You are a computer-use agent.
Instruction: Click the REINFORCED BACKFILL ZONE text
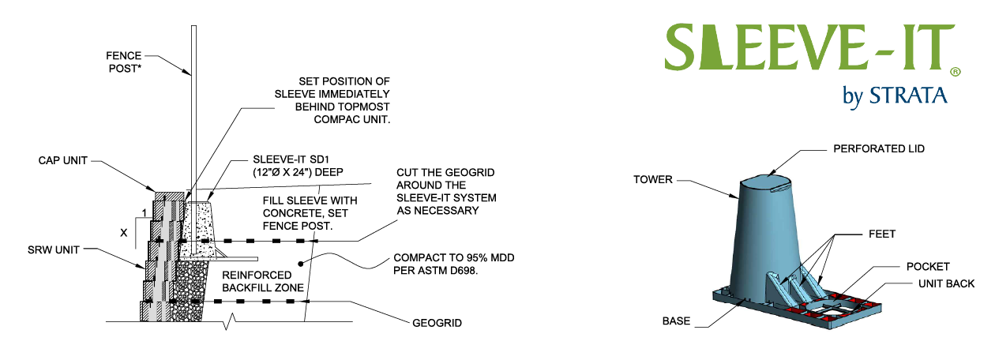pyautogui.click(x=263, y=281)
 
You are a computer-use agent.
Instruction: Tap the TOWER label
pyautogui.click(x=652, y=179)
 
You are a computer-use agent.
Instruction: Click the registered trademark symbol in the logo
pyautogui.click(x=955, y=71)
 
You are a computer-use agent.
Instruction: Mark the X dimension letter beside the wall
pyautogui.click(x=122, y=233)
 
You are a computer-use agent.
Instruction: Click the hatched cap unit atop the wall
pyautogui.click(x=169, y=194)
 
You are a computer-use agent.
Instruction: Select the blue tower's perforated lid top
pyautogui.click(x=769, y=182)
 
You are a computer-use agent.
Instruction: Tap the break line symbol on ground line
pyautogui.click(x=227, y=322)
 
